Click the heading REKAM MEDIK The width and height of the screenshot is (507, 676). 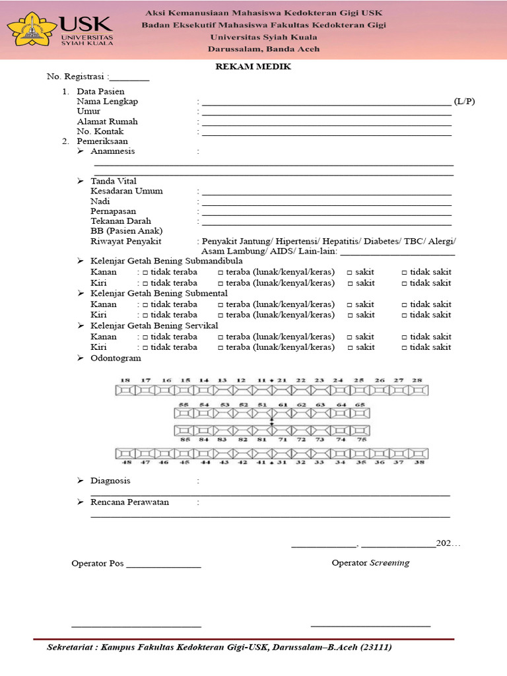(253, 67)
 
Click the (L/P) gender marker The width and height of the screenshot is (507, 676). (464, 102)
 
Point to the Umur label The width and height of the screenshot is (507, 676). (88, 112)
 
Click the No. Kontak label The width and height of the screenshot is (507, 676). (100, 131)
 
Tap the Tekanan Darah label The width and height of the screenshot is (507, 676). (121, 221)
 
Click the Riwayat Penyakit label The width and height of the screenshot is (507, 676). (125, 242)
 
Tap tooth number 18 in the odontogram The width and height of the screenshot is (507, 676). (125, 381)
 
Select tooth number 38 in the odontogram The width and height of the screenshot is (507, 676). (417, 463)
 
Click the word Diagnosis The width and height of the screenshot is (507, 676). (110, 481)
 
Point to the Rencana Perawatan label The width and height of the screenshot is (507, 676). (129, 502)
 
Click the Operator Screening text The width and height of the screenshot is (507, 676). (370, 563)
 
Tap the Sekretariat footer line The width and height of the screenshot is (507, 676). (220, 648)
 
